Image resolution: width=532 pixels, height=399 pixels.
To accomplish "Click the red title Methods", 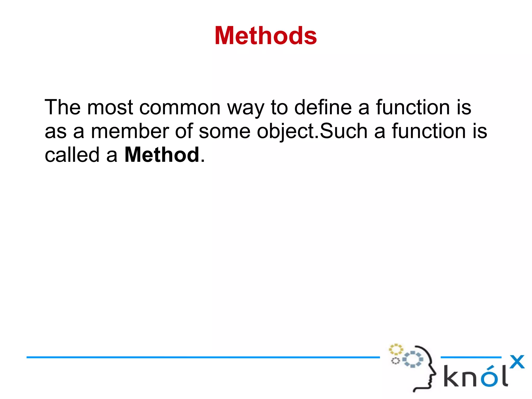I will point(265,36).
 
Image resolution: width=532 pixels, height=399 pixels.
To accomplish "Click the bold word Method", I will point(162,155).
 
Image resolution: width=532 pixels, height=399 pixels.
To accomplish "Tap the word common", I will point(180,107).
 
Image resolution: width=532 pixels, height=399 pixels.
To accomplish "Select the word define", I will point(323,107).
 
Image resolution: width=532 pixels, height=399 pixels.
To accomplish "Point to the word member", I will point(130,131).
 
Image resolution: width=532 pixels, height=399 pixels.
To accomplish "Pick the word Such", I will point(343,131).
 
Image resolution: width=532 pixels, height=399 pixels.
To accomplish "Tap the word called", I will point(72,155).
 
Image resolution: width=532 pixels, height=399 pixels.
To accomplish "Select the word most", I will point(110,107).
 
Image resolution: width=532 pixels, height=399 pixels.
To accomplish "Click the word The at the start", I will point(63,107).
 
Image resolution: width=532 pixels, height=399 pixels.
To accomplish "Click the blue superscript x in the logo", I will point(517,362).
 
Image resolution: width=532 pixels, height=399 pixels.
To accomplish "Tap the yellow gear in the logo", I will point(396,349).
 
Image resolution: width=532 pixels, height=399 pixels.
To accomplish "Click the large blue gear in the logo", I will point(413,359).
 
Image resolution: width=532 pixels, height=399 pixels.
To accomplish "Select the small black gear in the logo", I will point(395,361).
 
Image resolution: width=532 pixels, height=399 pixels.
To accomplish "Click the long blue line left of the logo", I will point(203,357).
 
